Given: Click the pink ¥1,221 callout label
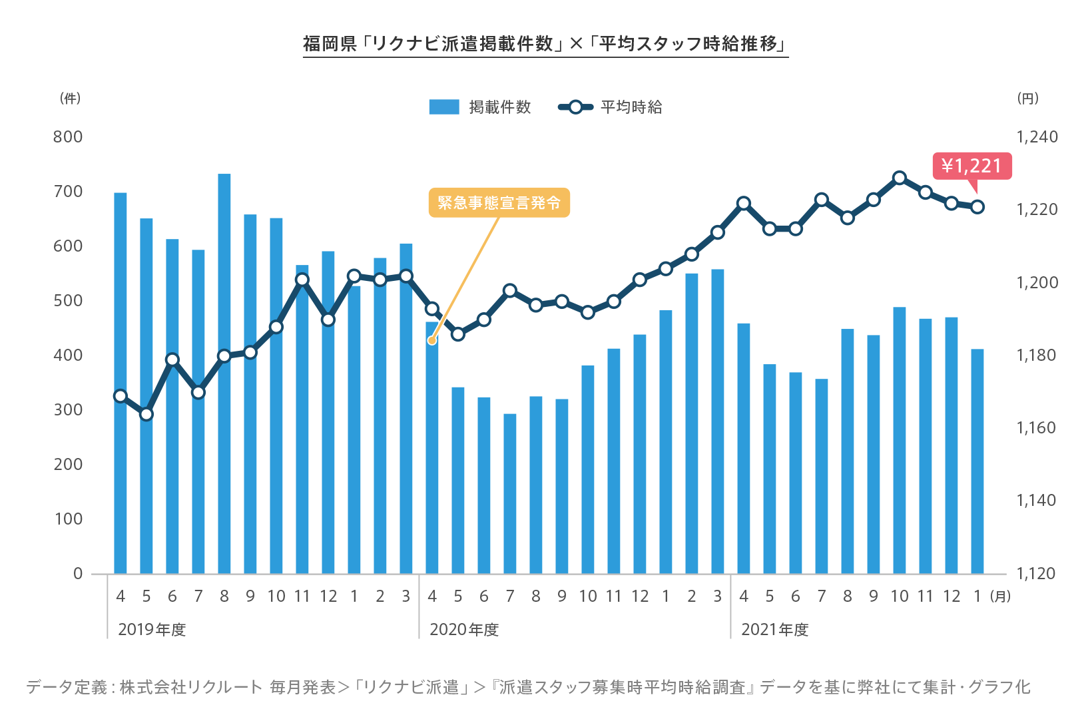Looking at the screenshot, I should [971, 166].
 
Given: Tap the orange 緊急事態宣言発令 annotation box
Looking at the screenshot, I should [499, 202].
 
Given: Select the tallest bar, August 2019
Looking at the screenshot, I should [224, 373].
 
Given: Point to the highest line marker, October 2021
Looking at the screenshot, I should [900, 178].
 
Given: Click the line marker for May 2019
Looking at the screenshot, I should [146, 414].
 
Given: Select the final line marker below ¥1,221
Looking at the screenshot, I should [977, 207].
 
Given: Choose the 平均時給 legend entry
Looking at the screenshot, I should [611, 107].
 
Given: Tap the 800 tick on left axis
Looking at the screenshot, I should [68, 137].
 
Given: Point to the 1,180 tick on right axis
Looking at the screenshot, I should [1036, 355].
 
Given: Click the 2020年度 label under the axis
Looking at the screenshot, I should [464, 630].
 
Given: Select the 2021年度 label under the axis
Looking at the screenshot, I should [775, 630].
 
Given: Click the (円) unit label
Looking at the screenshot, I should [1027, 99].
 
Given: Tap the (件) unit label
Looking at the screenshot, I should [70, 99].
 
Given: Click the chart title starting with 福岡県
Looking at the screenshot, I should [545, 44].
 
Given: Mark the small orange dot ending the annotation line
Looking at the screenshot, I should [431, 340].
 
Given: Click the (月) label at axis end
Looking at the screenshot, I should [1000, 596].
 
